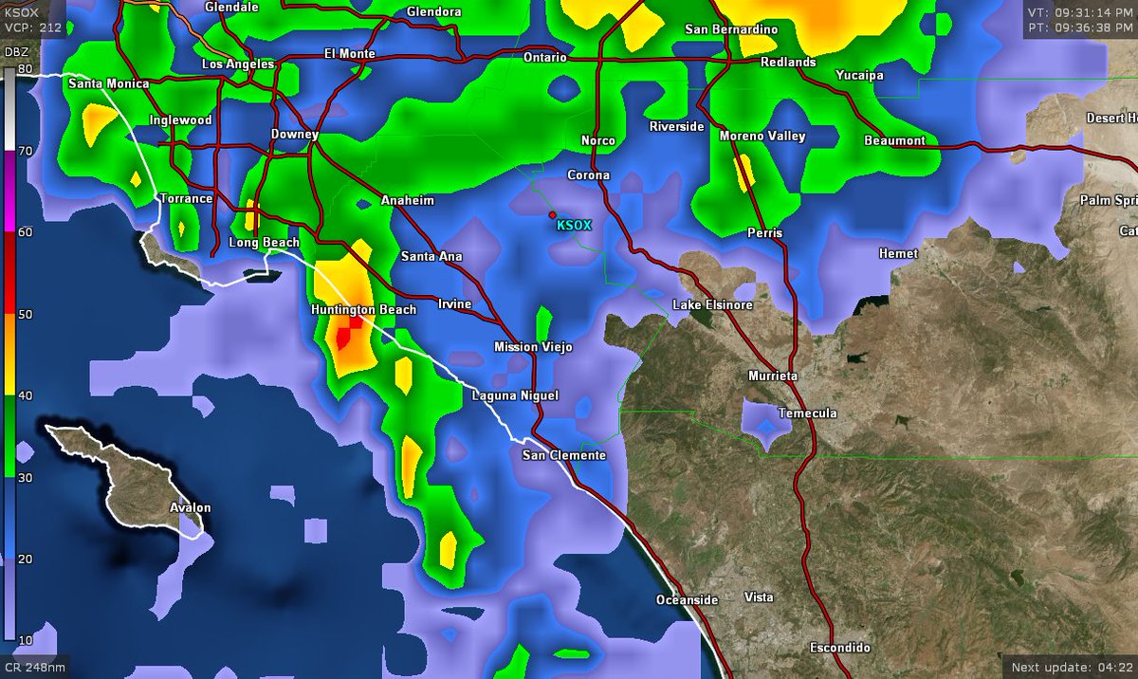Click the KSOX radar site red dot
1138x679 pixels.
click(x=552, y=216)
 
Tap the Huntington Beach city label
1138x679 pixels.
click(x=363, y=310)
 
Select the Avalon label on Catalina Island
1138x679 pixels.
click(x=190, y=507)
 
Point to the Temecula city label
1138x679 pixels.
click(x=807, y=413)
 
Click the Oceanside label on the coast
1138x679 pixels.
click(x=688, y=599)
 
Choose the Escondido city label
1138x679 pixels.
click(x=839, y=647)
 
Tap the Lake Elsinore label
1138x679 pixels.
click(x=712, y=304)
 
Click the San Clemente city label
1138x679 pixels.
click(x=564, y=455)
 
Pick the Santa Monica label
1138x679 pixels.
click(x=108, y=83)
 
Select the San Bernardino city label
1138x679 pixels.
click(x=731, y=29)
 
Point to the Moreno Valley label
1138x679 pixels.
click(x=762, y=136)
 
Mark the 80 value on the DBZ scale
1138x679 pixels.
click(x=24, y=69)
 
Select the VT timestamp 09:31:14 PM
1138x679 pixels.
click(x=1081, y=13)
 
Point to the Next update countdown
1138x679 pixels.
click(x=1069, y=668)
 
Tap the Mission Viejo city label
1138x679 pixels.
click(x=533, y=347)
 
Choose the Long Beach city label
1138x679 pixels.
click(x=264, y=243)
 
